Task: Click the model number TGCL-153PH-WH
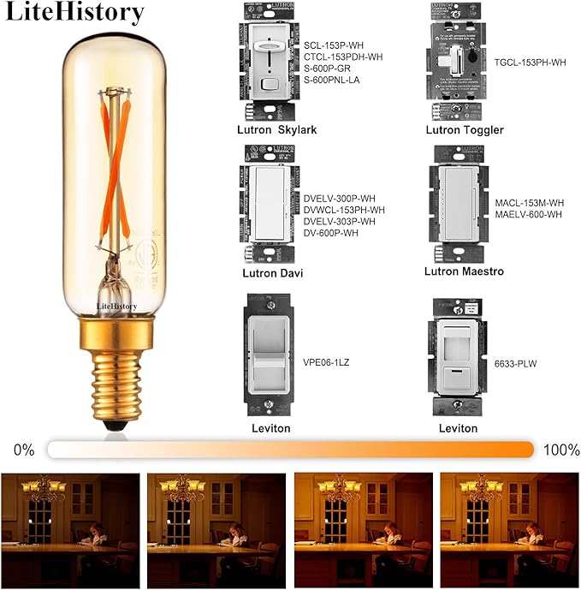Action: pyautogui.click(x=530, y=63)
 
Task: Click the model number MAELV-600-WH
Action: pyautogui.click(x=528, y=214)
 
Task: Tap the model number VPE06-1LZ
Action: pyautogui.click(x=326, y=363)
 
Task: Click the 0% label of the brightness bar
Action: pyautogui.click(x=23, y=450)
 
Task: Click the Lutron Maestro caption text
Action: pyautogui.click(x=464, y=271)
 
